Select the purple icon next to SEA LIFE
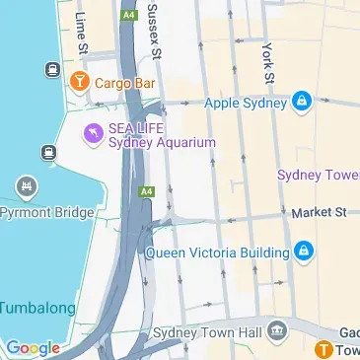pyautogui.click(x=93, y=131)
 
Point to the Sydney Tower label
pyautogui.click(x=318, y=175)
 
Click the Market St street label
pyautogui.click(x=319, y=211)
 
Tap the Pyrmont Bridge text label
pyautogui.click(x=44, y=212)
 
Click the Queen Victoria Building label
pyautogui.click(x=218, y=252)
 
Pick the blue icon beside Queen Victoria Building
pyautogui.click(x=305, y=251)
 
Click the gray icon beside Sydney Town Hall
pyautogui.click(x=277, y=328)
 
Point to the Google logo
pyautogui.click(x=33, y=347)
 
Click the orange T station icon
pyautogui.click(x=324, y=349)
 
